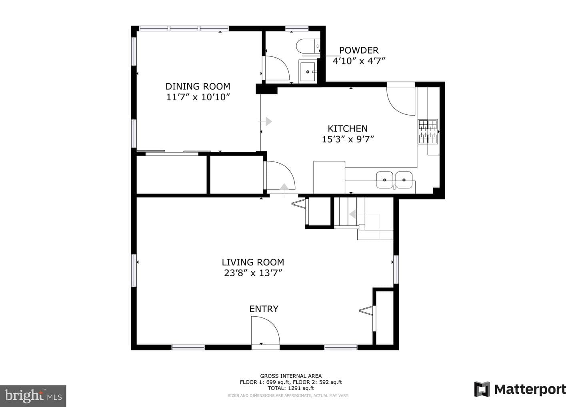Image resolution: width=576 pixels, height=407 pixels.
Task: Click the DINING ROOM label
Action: (198, 86)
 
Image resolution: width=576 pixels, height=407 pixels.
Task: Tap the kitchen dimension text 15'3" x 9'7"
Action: (348, 139)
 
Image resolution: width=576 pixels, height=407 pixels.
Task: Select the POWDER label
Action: (359, 50)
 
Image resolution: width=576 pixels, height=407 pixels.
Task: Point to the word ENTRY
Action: (264, 309)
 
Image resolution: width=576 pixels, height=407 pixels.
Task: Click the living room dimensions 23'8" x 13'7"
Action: (253, 273)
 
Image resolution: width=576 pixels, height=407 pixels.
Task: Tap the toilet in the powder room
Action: (308, 46)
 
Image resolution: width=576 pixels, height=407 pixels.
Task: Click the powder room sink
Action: (308, 72)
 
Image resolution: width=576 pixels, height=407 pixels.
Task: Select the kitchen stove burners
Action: (428, 132)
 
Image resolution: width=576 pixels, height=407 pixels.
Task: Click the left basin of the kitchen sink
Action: (385, 180)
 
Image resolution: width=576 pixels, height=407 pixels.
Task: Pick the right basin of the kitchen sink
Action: (404, 180)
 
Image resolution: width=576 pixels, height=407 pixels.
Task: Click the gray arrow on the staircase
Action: (352, 214)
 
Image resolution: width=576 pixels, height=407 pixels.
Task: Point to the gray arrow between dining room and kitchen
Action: (268, 121)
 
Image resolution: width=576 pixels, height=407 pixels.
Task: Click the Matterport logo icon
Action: (482, 389)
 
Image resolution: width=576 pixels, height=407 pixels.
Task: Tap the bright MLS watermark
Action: (33, 396)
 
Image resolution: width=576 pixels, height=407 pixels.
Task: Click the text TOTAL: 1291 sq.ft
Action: (291, 388)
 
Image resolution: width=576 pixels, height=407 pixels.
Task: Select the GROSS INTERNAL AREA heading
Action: (291, 376)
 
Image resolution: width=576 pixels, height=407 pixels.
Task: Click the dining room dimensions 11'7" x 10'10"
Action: (198, 97)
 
